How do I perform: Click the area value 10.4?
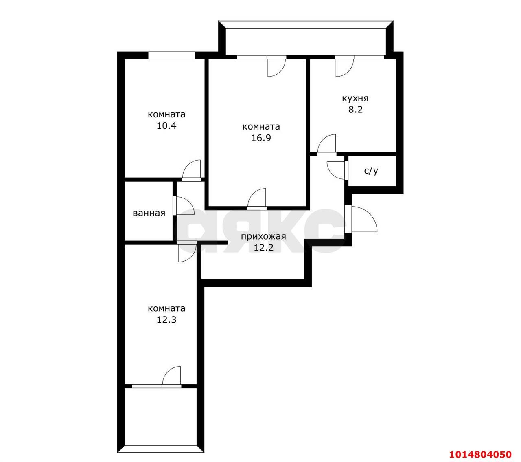pyautogui.click(x=166, y=126)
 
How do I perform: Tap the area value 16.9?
pyautogui.click(x=261, y=138)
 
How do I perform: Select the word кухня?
pyautogui.click(x=355, y=98)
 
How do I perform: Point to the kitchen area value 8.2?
pyautogui.click(x=355, y=110)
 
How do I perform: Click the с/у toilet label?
pyautogui.click(x=371, y=171)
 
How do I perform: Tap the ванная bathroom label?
pyautogui.click(x=149, y=213)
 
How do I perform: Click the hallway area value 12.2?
pyautogui.click(x=264, y=248)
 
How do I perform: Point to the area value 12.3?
pyautogui.click(x=166, y=320)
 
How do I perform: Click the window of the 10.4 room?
pyautogui.click(x=171, y=55)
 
